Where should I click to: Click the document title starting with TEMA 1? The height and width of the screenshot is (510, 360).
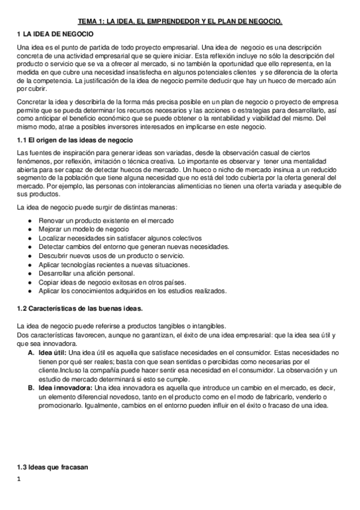tap(180, 22)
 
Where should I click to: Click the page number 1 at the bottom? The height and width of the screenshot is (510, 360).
tap(20, 479)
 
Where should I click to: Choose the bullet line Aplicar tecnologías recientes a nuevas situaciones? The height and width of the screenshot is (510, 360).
tap(114, 264)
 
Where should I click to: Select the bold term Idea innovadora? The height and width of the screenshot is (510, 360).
tap(66, 387)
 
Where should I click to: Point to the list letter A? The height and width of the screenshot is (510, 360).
tap(31, 352)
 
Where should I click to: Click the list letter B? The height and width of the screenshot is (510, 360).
tap(31, 387)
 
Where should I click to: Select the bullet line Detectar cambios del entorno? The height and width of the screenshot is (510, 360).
tap(124, 247)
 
